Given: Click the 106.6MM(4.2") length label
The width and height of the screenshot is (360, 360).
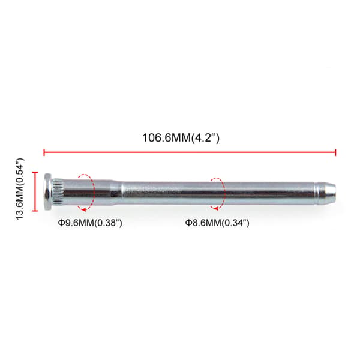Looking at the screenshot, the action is point(181,138).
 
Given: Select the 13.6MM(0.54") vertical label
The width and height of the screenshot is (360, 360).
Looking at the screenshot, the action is point(20,189).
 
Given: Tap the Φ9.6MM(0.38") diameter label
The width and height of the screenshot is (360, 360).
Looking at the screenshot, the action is point(90,223).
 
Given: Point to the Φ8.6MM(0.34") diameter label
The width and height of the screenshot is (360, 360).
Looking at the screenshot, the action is point(217,223).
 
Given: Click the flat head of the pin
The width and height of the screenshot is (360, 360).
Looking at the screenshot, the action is point(47,191).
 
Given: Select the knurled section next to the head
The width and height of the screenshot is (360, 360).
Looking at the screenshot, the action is point(57,191).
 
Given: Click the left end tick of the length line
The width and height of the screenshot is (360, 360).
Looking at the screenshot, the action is point(44,152).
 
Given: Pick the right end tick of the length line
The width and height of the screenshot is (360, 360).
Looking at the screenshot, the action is point(335,152).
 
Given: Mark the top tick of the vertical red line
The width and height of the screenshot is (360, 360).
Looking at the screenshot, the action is point(35,172).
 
